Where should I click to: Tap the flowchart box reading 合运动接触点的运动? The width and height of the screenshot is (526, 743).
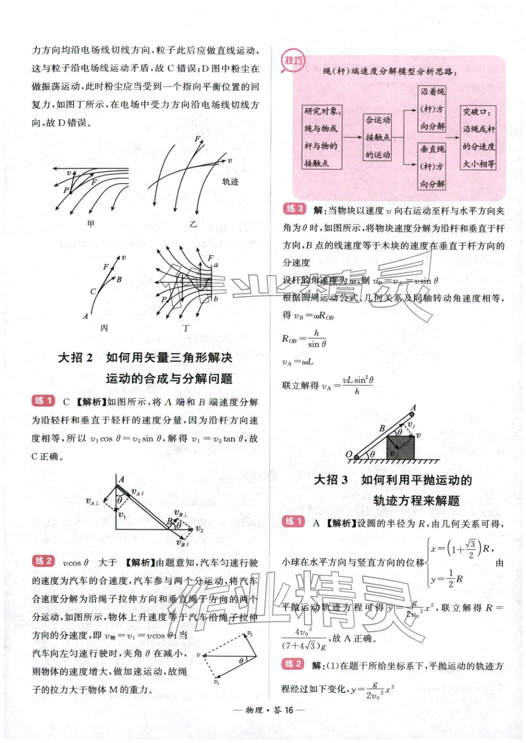pyautogui.click(x=377, y=137)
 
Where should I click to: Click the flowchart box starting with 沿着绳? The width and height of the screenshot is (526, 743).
pyautogui.click(x=432, y=108)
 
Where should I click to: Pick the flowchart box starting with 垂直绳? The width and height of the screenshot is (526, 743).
pyautogui.click(x=432, y=166)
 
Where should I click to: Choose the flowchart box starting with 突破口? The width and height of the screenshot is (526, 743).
pyautogui.click(x=478, y=137)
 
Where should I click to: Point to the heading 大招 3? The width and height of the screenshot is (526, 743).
pyautogui.click(x=331, y=480)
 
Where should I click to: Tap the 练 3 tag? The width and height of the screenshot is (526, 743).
pyautogui.click(x=294, y=209)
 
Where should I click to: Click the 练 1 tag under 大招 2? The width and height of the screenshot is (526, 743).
pyautogui.click(x=43, y=400)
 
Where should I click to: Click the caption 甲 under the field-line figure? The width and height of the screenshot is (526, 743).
pyautogui.click(x=90, y=223)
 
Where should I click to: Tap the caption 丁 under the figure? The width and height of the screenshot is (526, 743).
pyautogui.click(x=186, y=328)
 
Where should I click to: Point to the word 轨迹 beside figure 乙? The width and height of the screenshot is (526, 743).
pyautogui.click(x=230, y=182)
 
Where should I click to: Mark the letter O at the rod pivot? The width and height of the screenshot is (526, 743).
pyautogui.click(x=349, y=455)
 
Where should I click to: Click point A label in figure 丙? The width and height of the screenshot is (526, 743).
pyautogui.click(x=85, y=316)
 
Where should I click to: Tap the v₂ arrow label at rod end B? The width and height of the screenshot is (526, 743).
pyautogui.click(x=199, y=529)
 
